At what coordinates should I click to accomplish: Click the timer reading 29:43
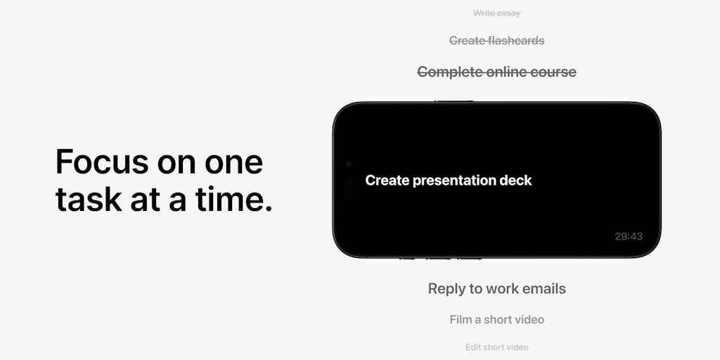tap(629, 236)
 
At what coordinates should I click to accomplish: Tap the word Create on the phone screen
tap(387, 181)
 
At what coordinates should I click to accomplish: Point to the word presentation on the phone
tap(454, 181)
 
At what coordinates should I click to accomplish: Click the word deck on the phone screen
tap(516, 181)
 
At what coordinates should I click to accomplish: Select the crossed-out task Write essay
tap(497, 13)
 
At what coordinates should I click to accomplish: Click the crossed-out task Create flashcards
tap(497, 41)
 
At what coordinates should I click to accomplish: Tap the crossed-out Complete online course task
tap(497, 72)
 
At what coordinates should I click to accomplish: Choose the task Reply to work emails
tap(497, 288)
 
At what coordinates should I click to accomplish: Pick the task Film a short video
tap(497, 319)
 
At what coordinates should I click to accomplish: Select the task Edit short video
tap(497, 347)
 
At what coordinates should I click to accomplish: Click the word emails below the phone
tap(543, 288)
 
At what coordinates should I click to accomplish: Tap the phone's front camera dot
tap(349, 164)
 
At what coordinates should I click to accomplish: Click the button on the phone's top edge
tap(454, 102)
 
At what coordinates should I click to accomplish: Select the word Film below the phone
tap(461, 319)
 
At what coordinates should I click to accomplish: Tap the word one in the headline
tap(234, 162)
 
